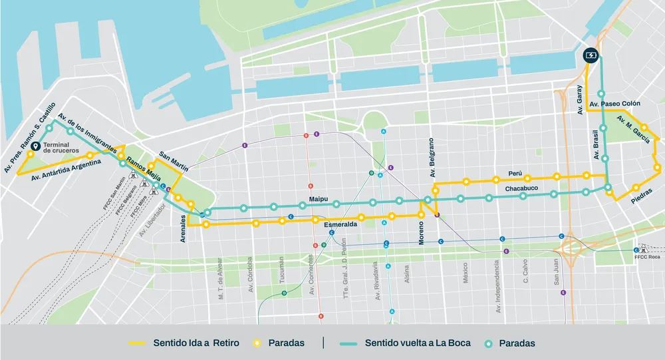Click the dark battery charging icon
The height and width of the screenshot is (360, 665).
click(x=591, y=55)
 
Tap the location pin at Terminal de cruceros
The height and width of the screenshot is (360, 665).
click(x=36, y=147)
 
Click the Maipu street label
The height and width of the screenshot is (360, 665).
click(x=321, y=198)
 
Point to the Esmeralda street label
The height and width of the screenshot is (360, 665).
click(x=340, y=225)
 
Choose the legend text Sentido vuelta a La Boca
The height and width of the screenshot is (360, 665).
click(x=418, y=343)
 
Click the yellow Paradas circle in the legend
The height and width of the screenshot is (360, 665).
click(x=257, y=343)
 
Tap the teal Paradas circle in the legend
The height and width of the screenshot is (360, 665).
click(x=489, y=343)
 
